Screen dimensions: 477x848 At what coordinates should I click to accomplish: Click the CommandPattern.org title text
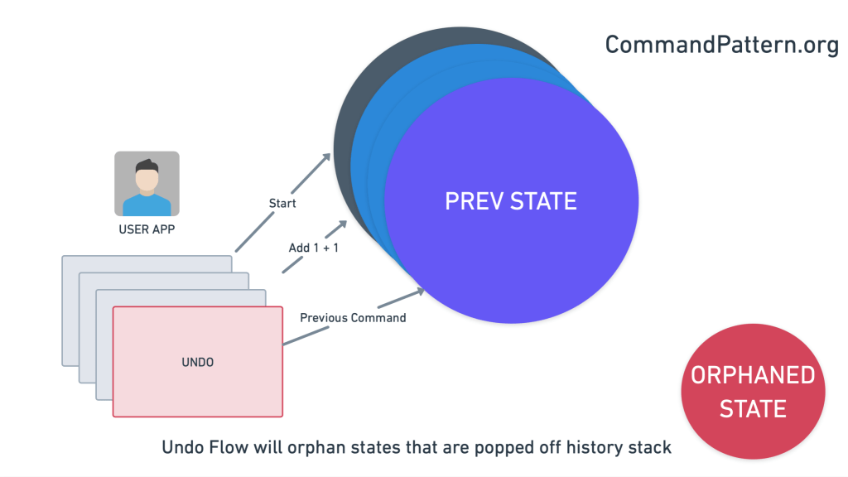722,45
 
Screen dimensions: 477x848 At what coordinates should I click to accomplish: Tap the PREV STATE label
511,201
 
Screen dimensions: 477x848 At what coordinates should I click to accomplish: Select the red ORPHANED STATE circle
752,390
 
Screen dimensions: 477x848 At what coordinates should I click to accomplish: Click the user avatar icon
147,184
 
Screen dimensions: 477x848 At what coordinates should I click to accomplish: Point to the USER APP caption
147,229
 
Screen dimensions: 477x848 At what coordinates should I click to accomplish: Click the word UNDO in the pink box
197,362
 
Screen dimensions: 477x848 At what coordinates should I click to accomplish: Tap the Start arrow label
282,203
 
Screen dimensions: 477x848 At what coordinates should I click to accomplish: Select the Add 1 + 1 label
313,248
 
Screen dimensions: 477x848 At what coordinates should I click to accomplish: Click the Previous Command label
353,317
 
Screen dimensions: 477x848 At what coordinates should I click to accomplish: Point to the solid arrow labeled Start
282,203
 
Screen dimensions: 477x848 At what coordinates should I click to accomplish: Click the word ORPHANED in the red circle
752,375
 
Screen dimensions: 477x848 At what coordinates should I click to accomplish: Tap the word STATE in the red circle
752,408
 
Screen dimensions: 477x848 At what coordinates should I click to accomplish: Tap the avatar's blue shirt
147,206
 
